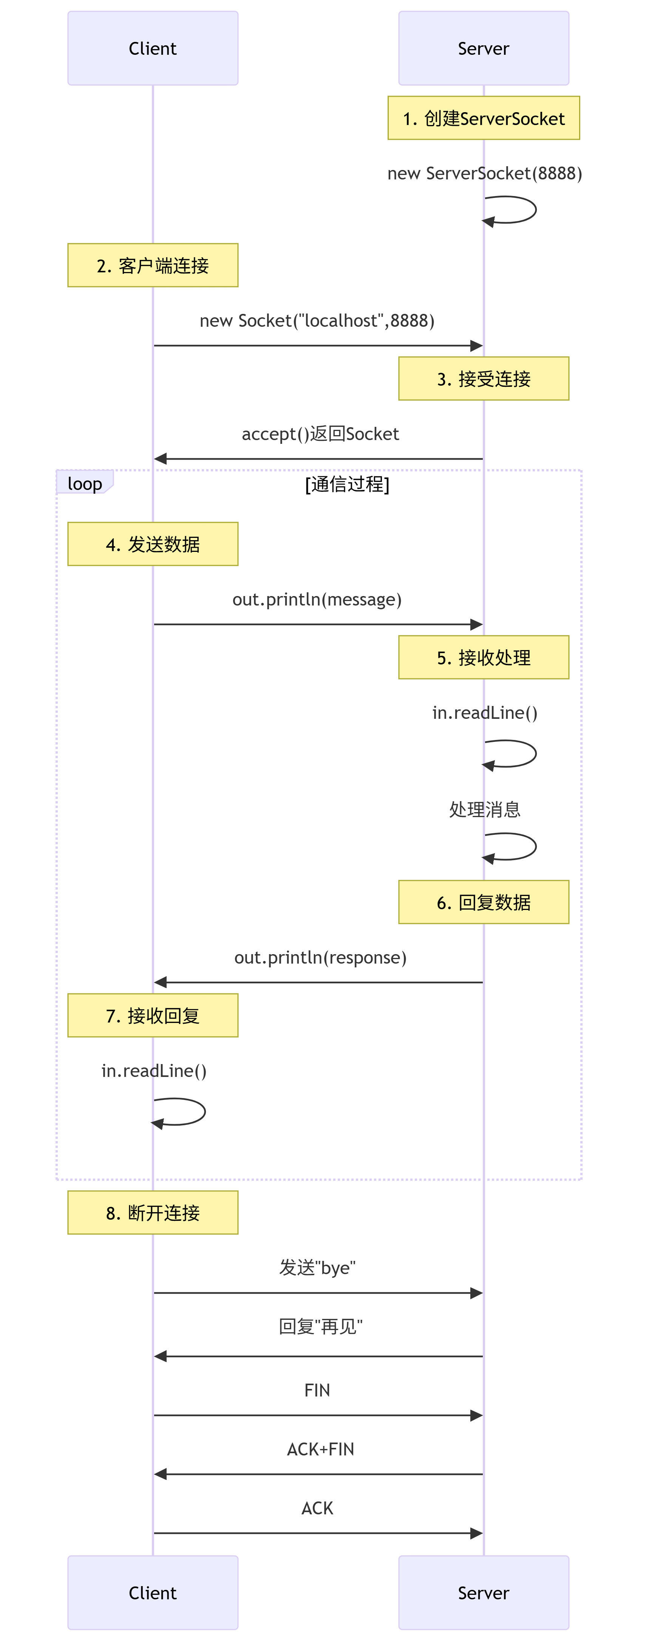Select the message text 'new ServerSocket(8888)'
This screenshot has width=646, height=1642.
pyautogui.click(x=485, y=173)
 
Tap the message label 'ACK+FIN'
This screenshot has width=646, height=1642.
pyautogui.click(x=320, y=1449)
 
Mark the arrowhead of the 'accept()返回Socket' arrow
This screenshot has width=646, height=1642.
pyautogui.click(x=161, y=458)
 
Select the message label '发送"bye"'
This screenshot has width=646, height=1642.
pyautogui.click(x=317, y=1267)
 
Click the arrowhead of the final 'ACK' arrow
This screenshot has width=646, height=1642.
pyautogui.click(x=476, y=1533)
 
